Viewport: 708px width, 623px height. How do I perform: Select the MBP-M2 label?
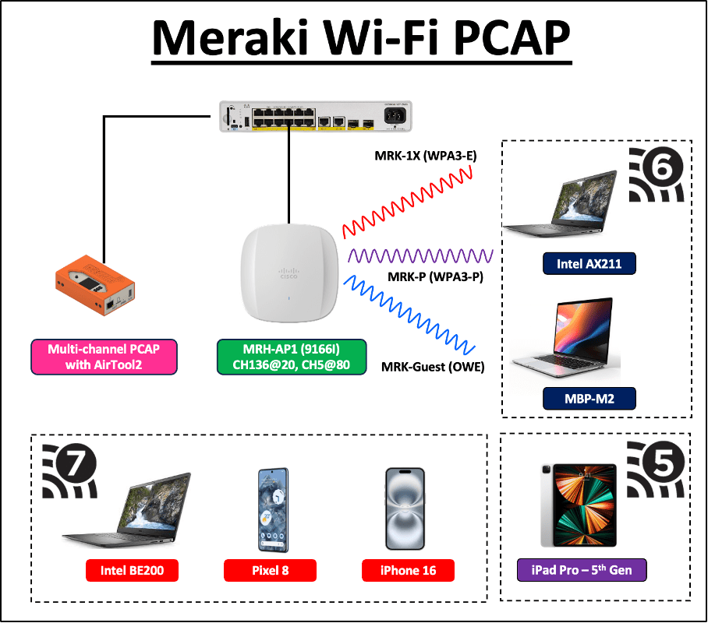click(x=589, y=400)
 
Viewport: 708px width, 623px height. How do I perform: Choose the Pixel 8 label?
click(x=271, y=571)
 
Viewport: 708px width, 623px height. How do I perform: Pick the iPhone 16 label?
click(x=408, y=571)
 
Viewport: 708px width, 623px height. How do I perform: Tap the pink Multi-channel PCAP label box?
click(x=104, y=357)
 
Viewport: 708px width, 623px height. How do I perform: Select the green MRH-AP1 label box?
click(x=291, y=357)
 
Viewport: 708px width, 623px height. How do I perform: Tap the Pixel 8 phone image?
click(x=273, y=509)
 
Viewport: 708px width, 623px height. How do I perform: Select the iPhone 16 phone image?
click(x=405, y=509)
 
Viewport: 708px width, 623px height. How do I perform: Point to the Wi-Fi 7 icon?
click(x=70, y=471)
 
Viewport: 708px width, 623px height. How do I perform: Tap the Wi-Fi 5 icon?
click(x=657, y=471)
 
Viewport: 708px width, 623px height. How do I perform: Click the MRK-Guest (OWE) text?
click(x=433, y=367)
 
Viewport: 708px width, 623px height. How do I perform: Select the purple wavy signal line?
click(x=420, y=255)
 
